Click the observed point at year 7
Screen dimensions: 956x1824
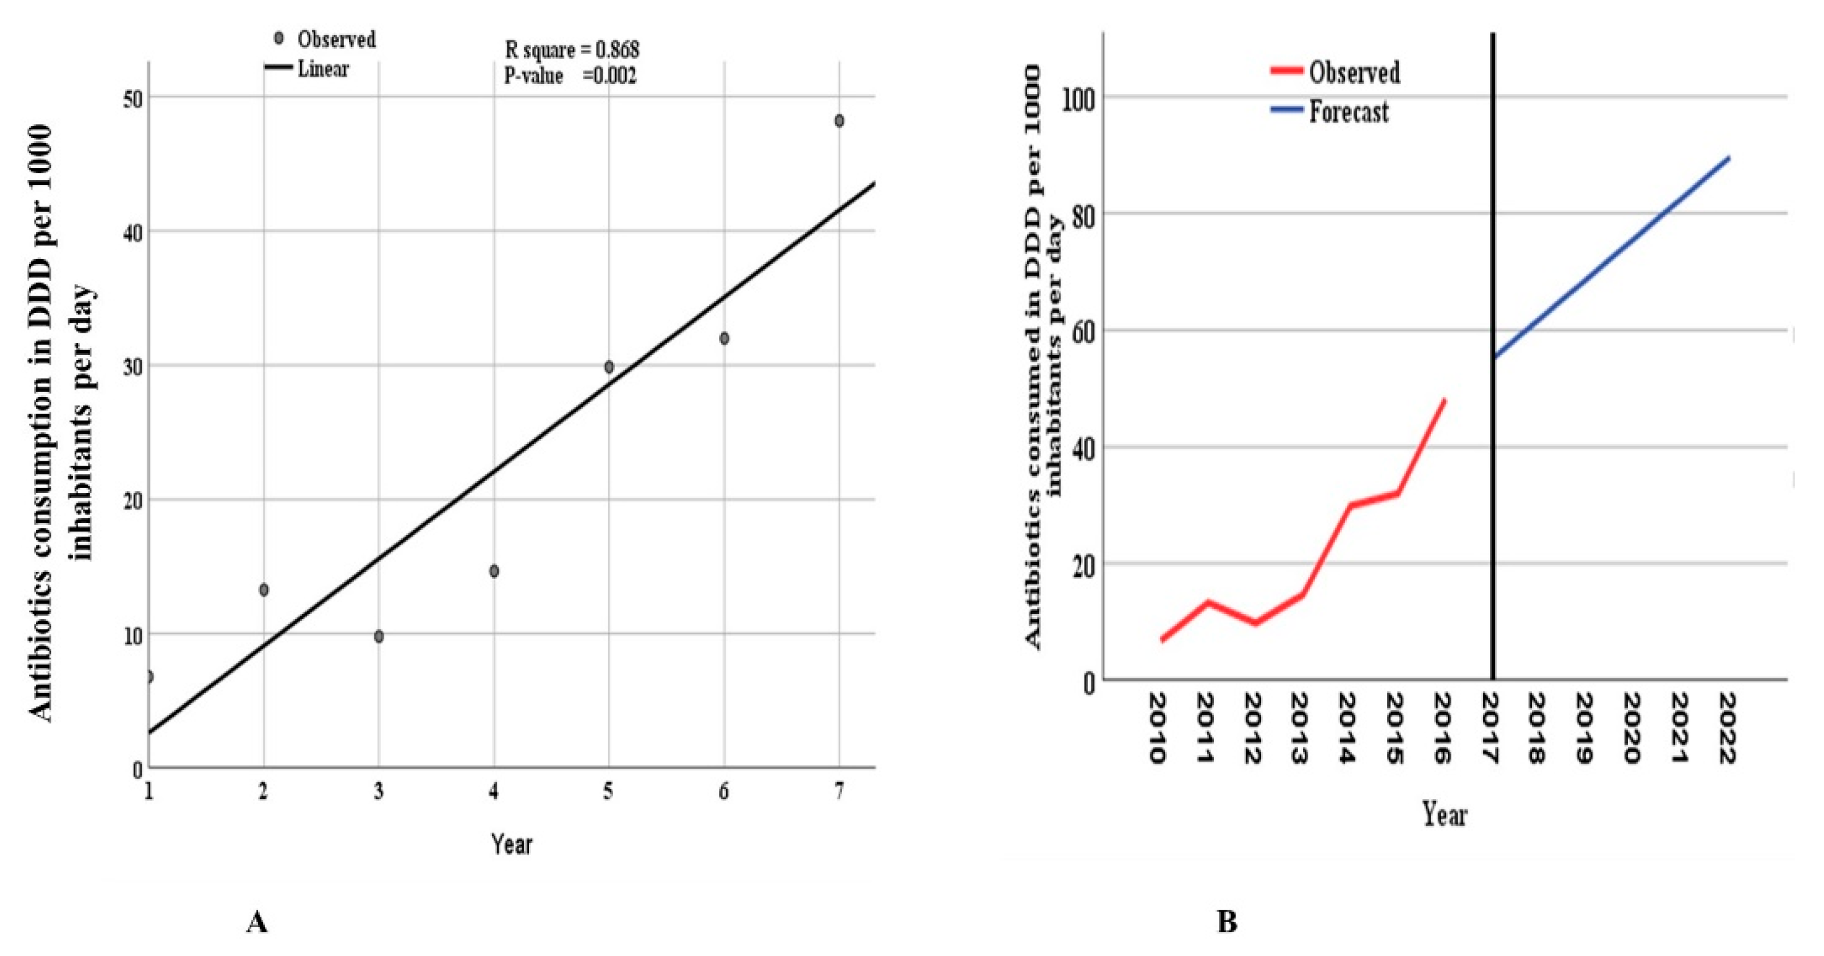click(839, 121)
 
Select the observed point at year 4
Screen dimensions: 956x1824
click(494, 571)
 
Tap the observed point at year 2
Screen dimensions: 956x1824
click(264, 589)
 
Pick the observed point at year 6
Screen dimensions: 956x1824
click(724, 338)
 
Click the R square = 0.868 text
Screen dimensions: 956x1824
click(572, 50)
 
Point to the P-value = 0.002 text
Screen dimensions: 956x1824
click(570, 75)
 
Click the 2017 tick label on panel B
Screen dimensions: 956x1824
click(1491, 729)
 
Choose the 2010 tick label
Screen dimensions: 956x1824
click(1157, 729)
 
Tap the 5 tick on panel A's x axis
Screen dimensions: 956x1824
click(608, 791)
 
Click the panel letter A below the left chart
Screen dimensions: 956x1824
click(256, 922)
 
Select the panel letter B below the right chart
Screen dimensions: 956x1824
click(1226, 922)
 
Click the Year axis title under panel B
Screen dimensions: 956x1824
click(1445, 814)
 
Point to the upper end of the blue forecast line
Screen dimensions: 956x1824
click(1729, 158)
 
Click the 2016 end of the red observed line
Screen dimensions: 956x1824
click(1443, 401)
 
